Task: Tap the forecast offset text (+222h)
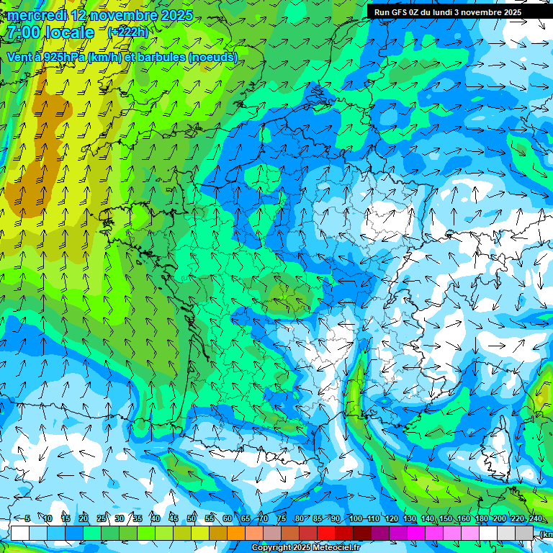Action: (x=127, y=32)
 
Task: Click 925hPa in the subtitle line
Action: (x=63, y=57)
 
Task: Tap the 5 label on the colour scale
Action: (x=27, y=518)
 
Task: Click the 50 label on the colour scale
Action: (x=192, y=518)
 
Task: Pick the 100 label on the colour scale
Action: (x=355, y=518)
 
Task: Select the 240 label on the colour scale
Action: (x=535, y=518)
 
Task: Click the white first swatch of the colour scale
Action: (x=19, y=533)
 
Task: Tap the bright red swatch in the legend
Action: (x=326, y=533)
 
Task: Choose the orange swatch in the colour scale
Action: (x=236, y=533)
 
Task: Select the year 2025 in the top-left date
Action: (x=176, y=15)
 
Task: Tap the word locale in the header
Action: (x=69, y=32)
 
